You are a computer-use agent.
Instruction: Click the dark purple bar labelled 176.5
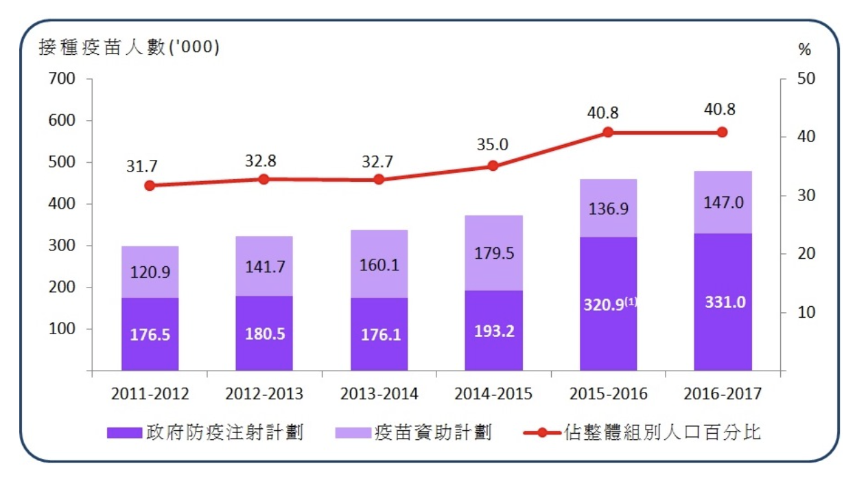pyautogui.click(x=150, y=334)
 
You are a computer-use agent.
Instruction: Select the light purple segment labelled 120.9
pyautogui.click(x=150, y=272)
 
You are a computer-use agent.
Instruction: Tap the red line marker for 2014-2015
pyautogui.click(x=493, y=165)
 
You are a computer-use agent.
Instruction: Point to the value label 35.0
pyautogui.click(x=493, y=145)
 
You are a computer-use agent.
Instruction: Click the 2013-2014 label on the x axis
pyautogui.click(x=379, y=395)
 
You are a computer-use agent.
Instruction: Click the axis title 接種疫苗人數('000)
pyautogui.click(x=129, y=47)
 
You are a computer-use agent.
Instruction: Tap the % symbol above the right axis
pyautogui.click(x=805, y=49)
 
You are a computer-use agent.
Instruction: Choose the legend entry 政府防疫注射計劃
pyautogui.click(x=206, y=433)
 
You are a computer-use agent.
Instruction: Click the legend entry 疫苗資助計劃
pyautogui.click(x=414, y=433)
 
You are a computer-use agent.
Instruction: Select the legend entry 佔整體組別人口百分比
pyautogui.click(x=642, y=433)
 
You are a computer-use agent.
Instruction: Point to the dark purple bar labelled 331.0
pyautogui.click(x=723, y=302)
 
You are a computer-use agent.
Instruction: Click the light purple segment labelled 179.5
pyautogui.click(x=493, y=253)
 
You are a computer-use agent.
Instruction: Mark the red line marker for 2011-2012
pyautogui.click(x=150, y=185)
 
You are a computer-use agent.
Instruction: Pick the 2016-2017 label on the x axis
pyautogui.click(x=723, y=395)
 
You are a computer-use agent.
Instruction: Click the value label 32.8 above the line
pyautogui.click(x=264, y=161)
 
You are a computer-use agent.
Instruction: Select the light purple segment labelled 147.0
pyautogui.click(x=723, y=202)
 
